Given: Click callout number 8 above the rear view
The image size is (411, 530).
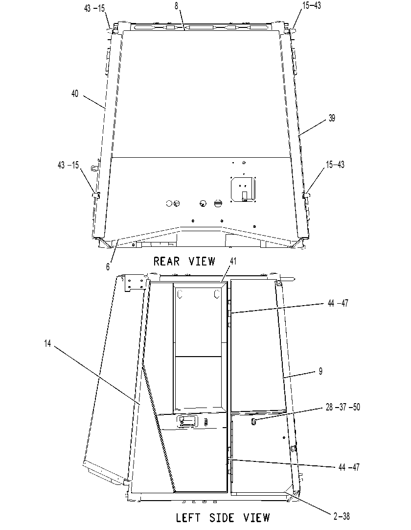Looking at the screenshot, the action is (176, 6).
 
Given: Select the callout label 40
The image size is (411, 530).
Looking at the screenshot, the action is (75, 93).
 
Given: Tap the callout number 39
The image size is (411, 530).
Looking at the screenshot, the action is (332, 118).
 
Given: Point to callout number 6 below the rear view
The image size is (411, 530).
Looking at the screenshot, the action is (108, 266).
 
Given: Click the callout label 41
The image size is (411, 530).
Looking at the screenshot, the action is (233, 261).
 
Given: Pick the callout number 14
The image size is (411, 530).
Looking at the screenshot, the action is (47, 343).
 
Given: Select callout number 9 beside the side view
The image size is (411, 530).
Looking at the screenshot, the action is (320, 371).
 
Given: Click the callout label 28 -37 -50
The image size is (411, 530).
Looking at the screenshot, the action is (343, 407).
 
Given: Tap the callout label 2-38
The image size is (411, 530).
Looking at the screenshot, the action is (342, 516).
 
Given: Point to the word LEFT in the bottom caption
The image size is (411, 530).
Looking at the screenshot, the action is (188, 517).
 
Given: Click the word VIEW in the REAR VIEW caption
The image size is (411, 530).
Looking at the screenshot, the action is (202, 261).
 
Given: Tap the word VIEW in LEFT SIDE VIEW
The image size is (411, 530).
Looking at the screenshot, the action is (256, 517).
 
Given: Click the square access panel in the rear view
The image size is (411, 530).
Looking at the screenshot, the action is (243, 189).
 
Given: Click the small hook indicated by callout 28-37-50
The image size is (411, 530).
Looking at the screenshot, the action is (254, 421).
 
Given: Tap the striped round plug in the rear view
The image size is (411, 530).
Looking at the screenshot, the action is (218, 203).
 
